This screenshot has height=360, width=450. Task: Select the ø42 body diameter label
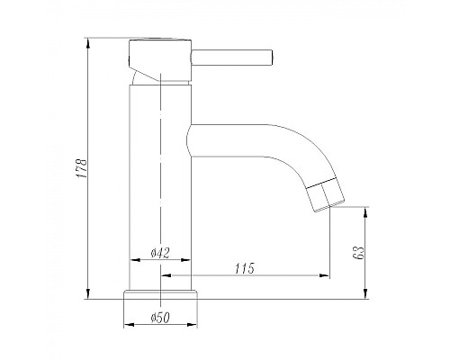pyautogui.click(x=160, y=253)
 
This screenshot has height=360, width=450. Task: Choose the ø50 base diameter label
pyautogui.click(x=160, y=317)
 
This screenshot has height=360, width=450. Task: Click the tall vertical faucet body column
pyautogui.click(x=160, y=180)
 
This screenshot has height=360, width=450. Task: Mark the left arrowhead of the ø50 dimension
pyautogui.click(x=126, y=325)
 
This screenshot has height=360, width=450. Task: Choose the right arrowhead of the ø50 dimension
pyautogui.click(x=194, y=325)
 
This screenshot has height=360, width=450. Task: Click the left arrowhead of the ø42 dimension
pyautogui.click(x=135, y=261)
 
